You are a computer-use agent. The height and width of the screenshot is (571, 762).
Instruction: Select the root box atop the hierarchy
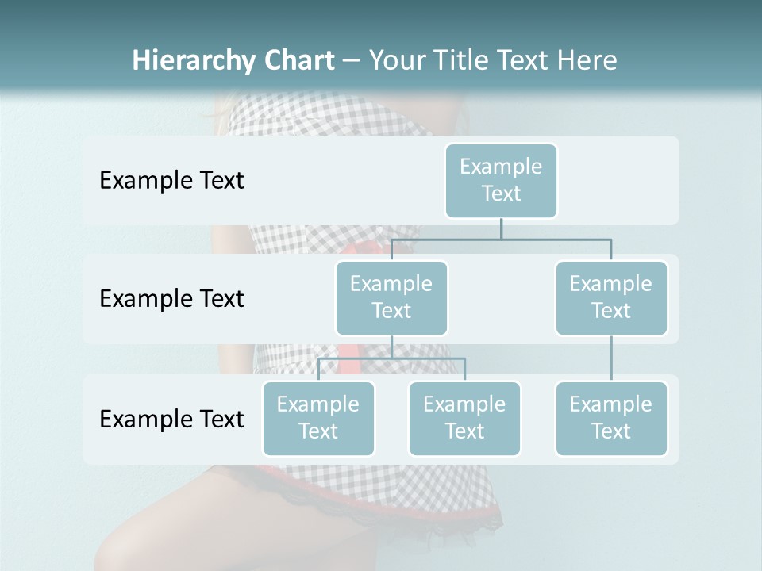click(x=501, y=180)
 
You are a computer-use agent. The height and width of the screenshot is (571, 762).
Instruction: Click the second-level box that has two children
click(x=391, y=297)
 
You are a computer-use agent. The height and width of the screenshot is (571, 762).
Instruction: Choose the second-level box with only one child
click(x=611, y=297)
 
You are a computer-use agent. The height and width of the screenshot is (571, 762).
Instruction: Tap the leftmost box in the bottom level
click(x=318, y=418)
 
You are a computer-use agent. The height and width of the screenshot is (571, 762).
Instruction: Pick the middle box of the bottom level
click(x=464, y=418)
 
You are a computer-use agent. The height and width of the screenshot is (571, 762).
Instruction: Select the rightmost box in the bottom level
click(x=611, y=418)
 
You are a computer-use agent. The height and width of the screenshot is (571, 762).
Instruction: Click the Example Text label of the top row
click(x=171, y=181)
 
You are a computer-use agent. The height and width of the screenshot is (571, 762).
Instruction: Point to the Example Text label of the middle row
click(x=171, y=299)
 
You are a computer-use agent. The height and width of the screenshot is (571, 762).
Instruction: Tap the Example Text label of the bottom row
click(x=171, y=419)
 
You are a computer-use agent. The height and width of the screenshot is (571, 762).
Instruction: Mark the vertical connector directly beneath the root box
click(x=501, y=228)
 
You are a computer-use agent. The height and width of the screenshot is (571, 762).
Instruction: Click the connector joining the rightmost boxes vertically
click(x=611, y=358)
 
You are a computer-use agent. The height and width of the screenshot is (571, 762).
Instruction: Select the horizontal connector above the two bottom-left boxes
click(x=391, y=358)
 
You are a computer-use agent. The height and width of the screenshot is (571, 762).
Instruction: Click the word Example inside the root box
click(x=501, y=167)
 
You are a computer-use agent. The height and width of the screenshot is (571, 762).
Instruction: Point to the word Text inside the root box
click(x=501, y=194)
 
